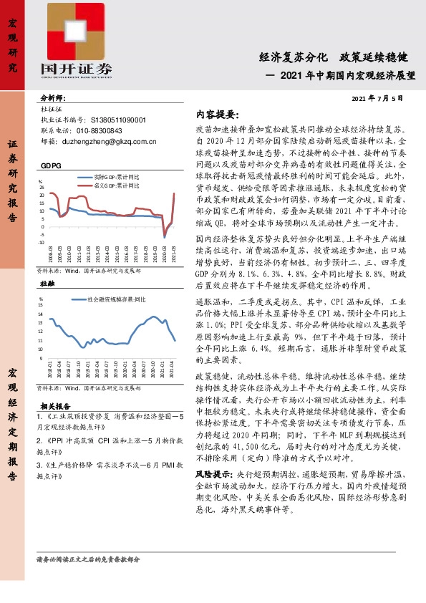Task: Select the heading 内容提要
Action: [x=217, y=115]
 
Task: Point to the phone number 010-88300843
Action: [x=96, y=131]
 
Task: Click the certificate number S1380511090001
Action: [x=110, y=120]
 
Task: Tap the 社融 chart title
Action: [x=47, y=284]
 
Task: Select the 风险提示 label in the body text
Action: [x=213, y=474]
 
